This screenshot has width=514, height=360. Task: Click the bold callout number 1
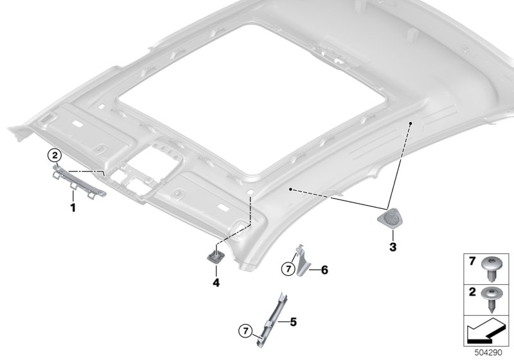tap(73, 208)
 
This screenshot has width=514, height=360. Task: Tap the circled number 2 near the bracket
tap(55, 155)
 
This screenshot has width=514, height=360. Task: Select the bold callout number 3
tap(393, 247)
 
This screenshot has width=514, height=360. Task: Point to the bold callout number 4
tap(216, 282)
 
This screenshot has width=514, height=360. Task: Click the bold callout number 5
tap(294, 322)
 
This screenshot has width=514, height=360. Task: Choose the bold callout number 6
tap(324, 270)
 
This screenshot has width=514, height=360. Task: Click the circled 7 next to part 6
tap(288, 269)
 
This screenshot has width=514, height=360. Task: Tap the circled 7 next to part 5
tap(245, 331)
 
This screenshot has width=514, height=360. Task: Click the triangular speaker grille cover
tap(389, 217)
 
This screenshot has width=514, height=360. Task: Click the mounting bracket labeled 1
tap(79, 182)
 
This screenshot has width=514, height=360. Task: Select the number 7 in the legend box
tap(472, 261)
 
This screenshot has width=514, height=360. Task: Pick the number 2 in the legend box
tap(472, 291)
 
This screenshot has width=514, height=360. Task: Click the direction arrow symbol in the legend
tap(486, 331)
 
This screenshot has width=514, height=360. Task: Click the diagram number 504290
tap(488, 353)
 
